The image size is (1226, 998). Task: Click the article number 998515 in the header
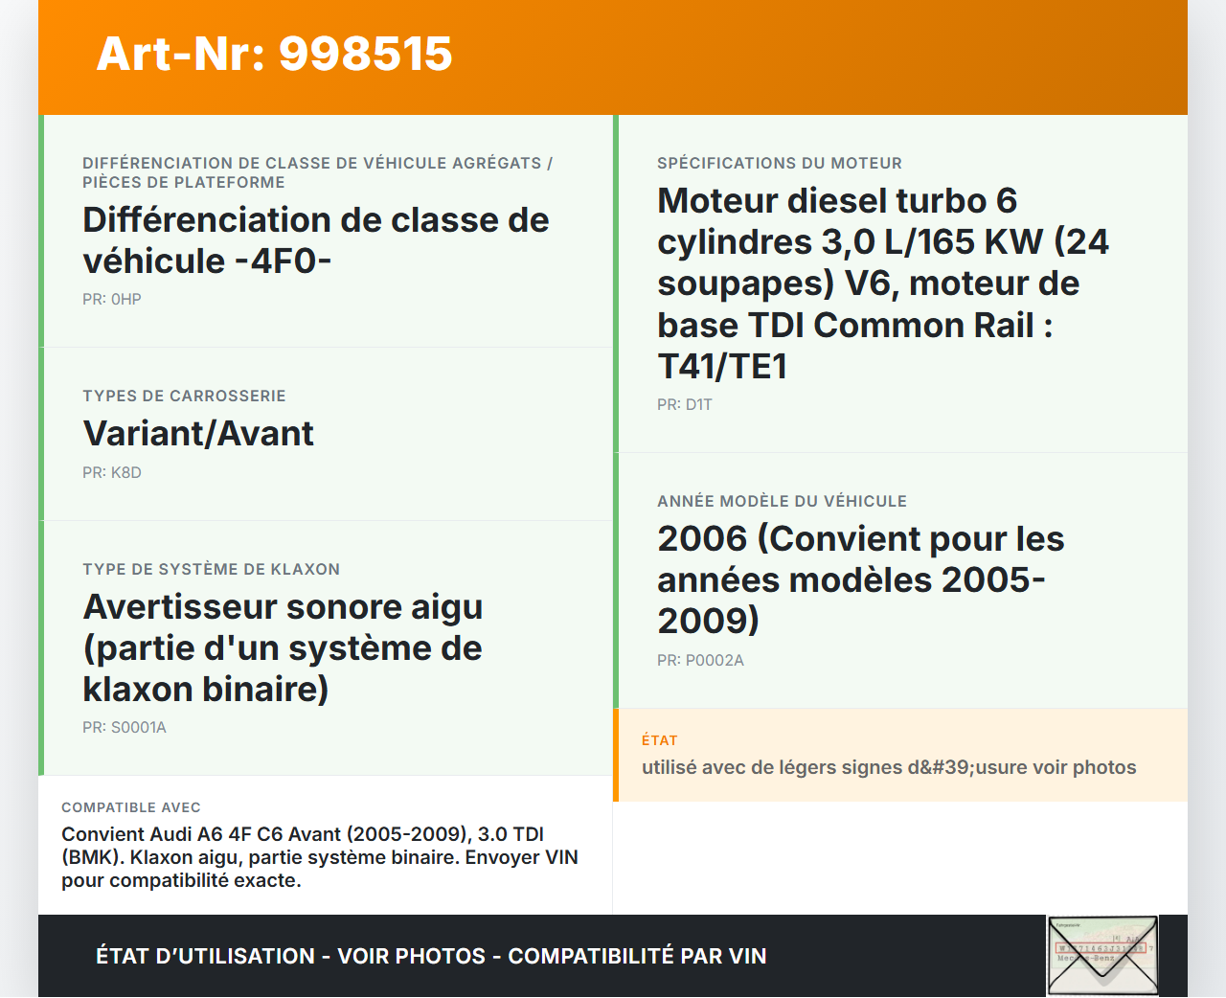pos(366,54)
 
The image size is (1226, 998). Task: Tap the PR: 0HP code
pos(112,299)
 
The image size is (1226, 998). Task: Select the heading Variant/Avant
pos(198,433)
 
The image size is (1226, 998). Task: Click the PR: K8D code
pos(112,472)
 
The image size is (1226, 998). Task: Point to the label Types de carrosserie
pos(184,396)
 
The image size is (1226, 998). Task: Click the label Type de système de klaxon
pos(212,569)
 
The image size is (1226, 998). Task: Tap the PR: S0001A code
pos(125,728)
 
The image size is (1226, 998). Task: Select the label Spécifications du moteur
pos(780,163)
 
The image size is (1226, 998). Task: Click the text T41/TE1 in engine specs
pos(722,367)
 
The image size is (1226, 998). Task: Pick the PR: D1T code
pos(685,404)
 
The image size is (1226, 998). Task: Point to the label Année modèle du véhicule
pos(782,501)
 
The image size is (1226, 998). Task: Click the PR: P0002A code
pos(700,660)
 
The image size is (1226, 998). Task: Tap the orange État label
pos(660,740)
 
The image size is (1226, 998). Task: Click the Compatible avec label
pos(131,807)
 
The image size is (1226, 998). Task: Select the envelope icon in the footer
pos(1102,956)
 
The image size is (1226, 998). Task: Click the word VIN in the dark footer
pos(748,956)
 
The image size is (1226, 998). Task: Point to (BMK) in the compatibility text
pos(93,857)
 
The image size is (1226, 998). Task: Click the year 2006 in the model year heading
pos(702,538)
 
